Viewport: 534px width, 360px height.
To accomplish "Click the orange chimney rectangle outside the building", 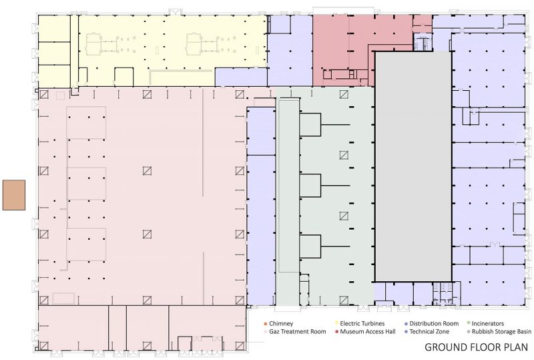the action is tap(14, 195).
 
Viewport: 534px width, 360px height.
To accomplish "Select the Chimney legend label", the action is tap(281, 323).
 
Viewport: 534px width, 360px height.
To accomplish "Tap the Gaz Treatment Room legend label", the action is tap(297, 331).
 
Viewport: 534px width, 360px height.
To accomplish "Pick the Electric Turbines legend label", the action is tap(362, 323).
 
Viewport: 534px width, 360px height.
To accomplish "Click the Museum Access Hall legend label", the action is tap(368, 331).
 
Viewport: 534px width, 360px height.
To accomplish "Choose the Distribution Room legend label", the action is tap(434, 323).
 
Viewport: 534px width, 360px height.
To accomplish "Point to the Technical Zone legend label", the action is tap(429, 331).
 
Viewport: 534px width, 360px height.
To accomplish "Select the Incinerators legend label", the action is tap(488, 323).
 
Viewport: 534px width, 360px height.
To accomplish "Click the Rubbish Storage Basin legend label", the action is tap(501, 331).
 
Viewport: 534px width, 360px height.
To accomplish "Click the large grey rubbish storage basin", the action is tap(413, 167).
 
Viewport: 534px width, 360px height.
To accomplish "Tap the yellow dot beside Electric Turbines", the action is tap(336, 323).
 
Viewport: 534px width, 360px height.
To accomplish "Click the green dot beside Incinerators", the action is tap(469, 323).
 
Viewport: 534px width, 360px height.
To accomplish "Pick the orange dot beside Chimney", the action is tap(265, 323).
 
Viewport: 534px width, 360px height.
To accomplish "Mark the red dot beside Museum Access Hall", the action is tap(336, 332).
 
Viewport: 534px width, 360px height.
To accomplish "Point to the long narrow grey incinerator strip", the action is tap(288, 201).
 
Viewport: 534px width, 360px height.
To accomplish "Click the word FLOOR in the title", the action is tap(480, 347).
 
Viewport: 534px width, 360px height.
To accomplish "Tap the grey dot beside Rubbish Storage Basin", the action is tap(469, 332).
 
